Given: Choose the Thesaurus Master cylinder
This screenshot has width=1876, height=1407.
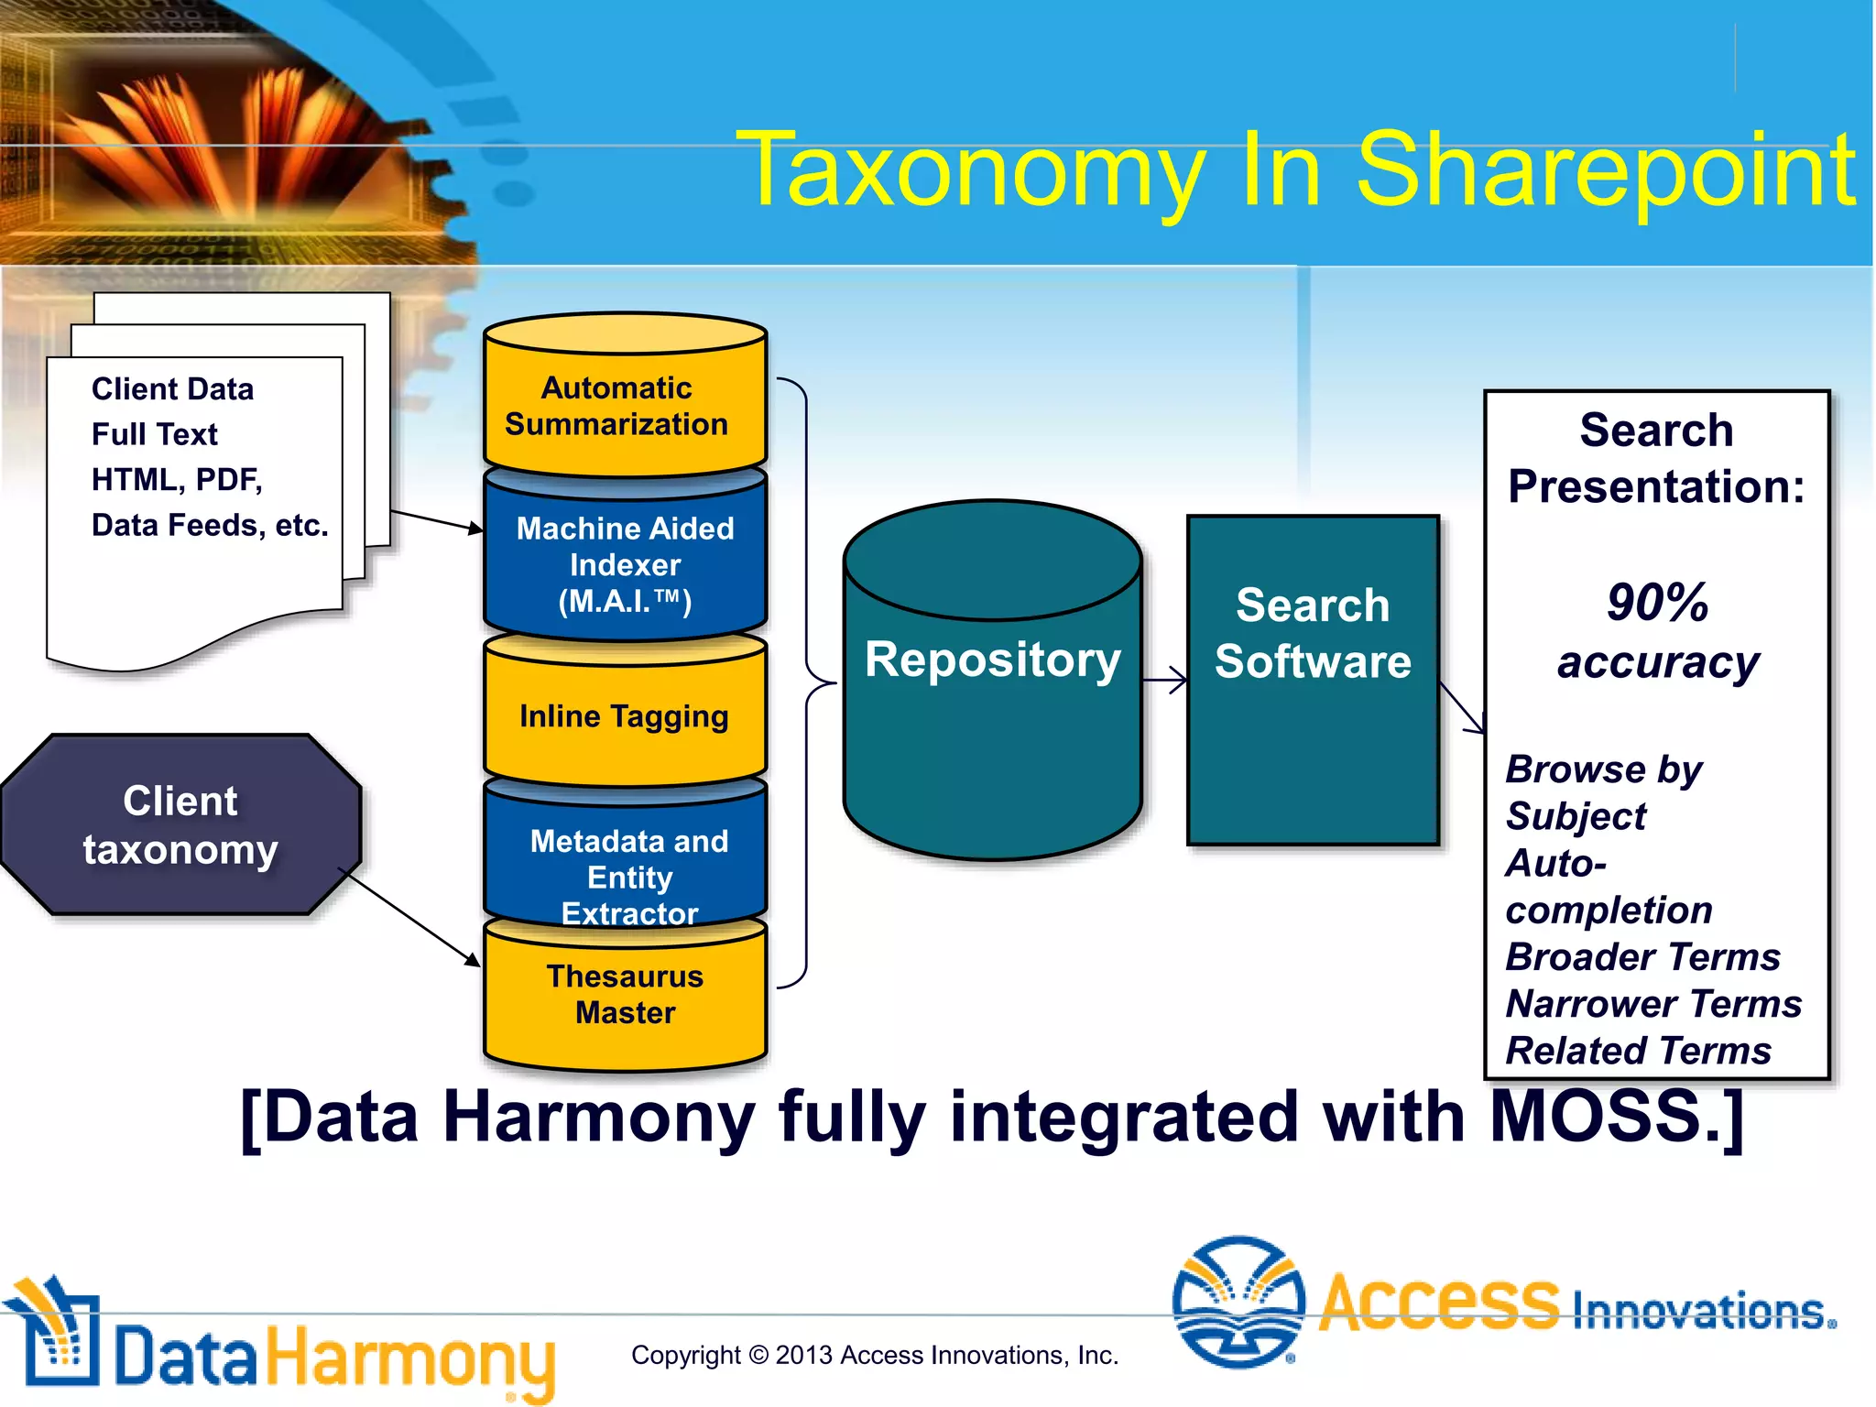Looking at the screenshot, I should point(625,1003).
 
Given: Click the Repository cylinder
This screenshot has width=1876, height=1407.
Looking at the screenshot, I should point(992,696).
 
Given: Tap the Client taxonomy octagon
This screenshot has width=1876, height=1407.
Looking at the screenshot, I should point(180,824).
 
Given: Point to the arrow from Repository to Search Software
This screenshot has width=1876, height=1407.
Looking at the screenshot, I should point(1165,681).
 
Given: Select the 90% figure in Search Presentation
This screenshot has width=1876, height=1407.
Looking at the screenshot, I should point(1657,602).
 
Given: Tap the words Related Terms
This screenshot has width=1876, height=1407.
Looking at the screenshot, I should point(1639,1051).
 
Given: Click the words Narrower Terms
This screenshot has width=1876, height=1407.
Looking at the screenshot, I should point(1653,1004).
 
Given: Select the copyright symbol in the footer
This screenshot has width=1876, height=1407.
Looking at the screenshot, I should point(758,1355).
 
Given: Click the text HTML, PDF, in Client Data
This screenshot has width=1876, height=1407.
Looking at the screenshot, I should point(177,479).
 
